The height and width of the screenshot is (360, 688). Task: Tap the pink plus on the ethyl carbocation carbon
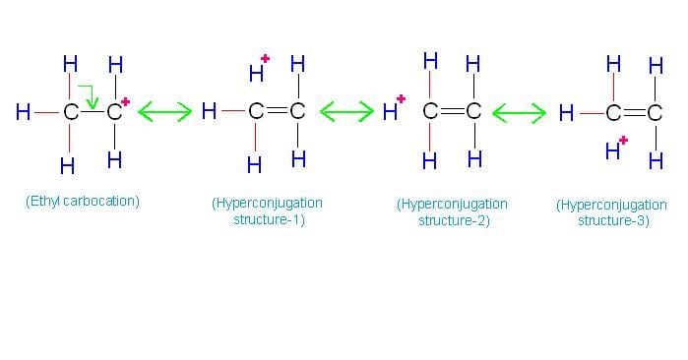click(x=126, y=101)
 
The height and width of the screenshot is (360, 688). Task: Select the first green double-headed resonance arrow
click(x=164, y=112)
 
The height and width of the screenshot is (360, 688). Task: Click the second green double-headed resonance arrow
click(x=346, y=112)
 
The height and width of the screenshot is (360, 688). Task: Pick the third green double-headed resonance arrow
click(x=519, y=113)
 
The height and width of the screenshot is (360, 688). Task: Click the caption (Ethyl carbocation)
click(x=83, y=202)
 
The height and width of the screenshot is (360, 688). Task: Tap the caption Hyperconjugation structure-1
click(x=266, y=211)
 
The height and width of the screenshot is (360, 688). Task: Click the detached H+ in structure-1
click(x=258, y=72)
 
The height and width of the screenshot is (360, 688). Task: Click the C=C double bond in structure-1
click(x=277, y=112)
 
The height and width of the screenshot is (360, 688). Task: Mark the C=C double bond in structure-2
click(x=452, y=111)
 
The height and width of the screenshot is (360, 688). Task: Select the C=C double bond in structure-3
click(x=634, y=113)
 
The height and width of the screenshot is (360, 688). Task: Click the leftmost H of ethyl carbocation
click(x=23, y=113)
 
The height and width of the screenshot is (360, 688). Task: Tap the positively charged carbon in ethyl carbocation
click(x=114, y=113)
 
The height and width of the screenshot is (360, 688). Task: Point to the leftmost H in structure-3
click(x=566, y=113)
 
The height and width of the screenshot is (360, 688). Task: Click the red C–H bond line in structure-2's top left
click(x=430, y=86)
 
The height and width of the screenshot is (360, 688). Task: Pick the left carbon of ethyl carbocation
click(x=70, y=113)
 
